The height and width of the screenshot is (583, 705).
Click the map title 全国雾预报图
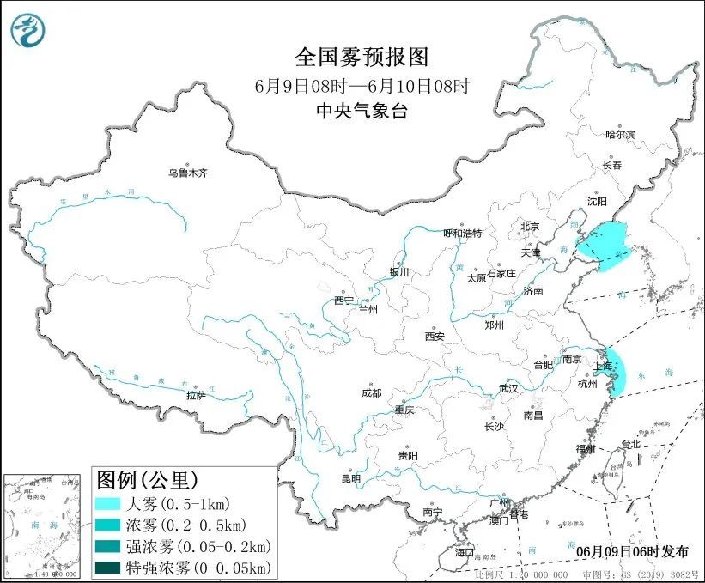pyautogui.click(x=362, y=58)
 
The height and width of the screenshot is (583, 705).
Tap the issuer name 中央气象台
pyautogui.click(x=362, y=110)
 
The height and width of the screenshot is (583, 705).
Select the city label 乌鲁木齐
pyautogui.click(x=187, y=173)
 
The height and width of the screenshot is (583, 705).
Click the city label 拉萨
pyautogui.click(x=196, y=395)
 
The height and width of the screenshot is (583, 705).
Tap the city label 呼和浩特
pyautogui.click(x=462, y=233)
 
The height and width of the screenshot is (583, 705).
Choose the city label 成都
pyautogui.click(x=371, y=392)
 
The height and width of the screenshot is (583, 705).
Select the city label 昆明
pyautogui.click(x=351, y=478)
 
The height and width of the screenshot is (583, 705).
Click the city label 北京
pyautogui.click(x=528, y=227)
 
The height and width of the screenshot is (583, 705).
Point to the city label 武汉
pyautogui.click(x=508, y=388)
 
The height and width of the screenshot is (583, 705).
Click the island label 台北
pyautogui.click(x=630, y=444)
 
